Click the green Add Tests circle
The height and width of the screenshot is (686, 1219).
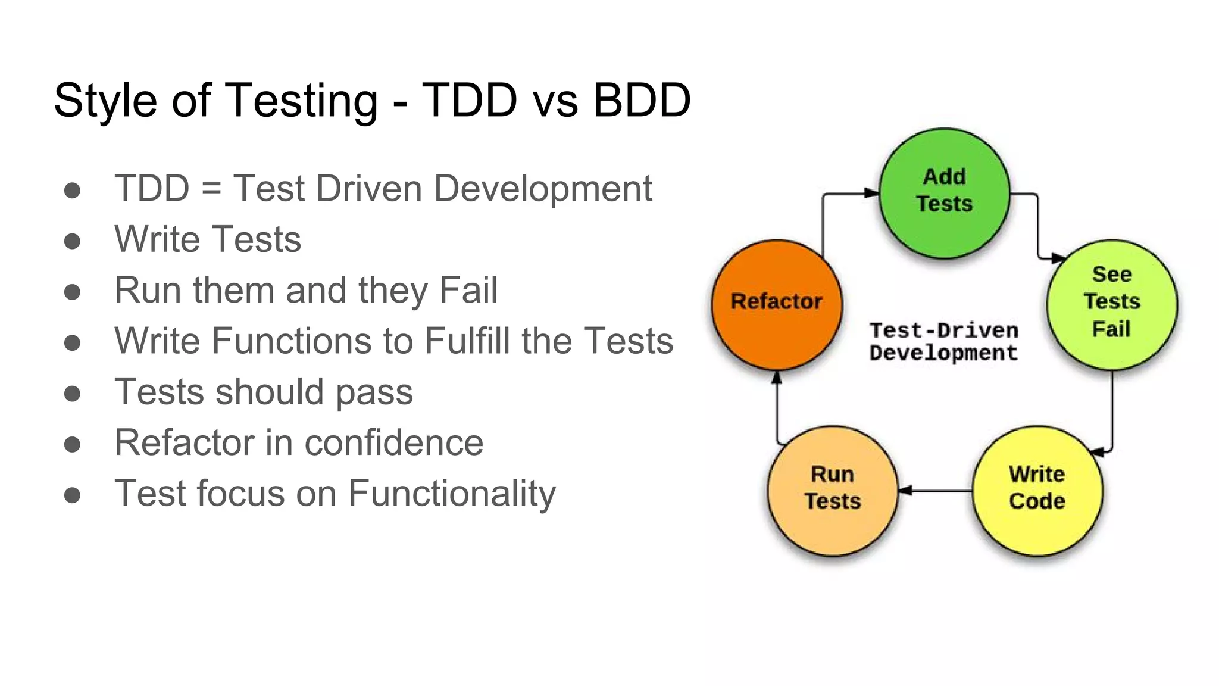click(x=944, y=192)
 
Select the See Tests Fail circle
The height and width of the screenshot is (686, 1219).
click(x=1111, y=304)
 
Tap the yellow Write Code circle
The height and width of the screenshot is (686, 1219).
click(x=1037, y=490)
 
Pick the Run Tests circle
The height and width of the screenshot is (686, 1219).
click(x=832, y=490)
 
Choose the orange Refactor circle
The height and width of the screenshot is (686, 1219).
click(x=776, y=304)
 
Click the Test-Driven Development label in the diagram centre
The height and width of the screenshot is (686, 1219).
click(x=943, y=342)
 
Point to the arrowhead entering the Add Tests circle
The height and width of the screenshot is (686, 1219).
click(x=871, y=193)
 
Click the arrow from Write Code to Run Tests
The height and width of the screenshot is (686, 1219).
click(x=934, y=491)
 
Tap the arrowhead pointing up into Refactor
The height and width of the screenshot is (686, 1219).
click(x=776, y=378)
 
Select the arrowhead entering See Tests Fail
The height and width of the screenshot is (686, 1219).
click(x=1058, y=258)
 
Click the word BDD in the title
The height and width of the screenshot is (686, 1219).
click(x=642, y=100)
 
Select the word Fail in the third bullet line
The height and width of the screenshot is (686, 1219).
click(x=468, y=290)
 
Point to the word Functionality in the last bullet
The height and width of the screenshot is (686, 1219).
click(x=452, y=494)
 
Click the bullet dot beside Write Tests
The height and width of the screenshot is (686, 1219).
click(x=73, y=241)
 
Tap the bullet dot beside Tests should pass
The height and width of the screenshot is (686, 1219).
click(x=73, y=393)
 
